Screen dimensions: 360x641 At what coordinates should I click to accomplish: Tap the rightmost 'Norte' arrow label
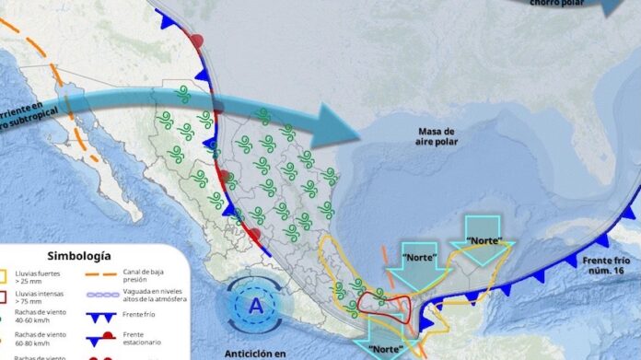click(x=485, y=241)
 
